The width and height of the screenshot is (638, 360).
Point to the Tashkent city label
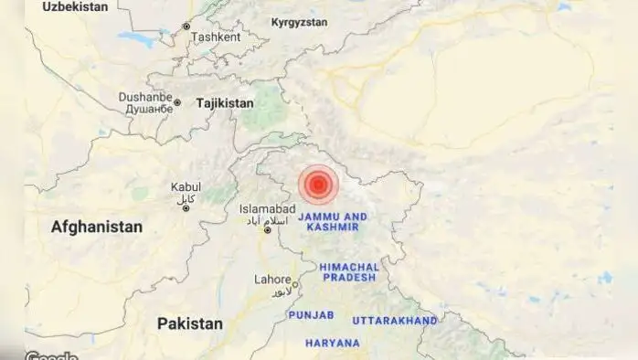(x=216, y=37)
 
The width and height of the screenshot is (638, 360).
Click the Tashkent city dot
(x=186, y=26)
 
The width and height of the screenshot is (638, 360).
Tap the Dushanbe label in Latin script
(x=144, y=97)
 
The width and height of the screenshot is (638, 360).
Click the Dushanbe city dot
(x=178, y=103)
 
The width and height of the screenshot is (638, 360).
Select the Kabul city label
(x=186, y=187)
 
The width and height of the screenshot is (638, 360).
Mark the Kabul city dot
(x=186, y=208)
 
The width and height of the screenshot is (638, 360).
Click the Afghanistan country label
(x=97, y=227)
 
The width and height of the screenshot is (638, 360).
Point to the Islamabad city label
(x=268, y=209)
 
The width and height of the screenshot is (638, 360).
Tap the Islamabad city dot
(x=268, y=230)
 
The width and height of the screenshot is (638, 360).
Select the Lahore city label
(x=272, y=281)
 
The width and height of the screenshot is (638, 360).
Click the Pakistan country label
(x=189, y=323)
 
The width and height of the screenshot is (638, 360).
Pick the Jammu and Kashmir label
(x=334, y=222)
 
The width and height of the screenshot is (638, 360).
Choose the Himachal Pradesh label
(x=348, y=271)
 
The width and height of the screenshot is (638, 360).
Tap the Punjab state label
(x=312, y=314)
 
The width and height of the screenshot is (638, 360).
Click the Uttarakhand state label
(x=395, y=322)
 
